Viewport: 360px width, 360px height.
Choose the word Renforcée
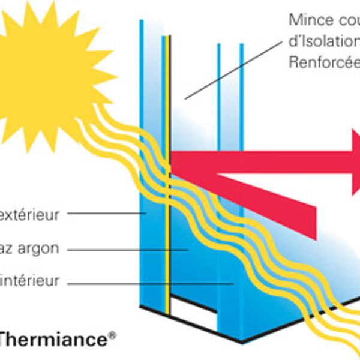[324, 62]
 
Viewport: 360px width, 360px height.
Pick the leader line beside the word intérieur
[150, 281]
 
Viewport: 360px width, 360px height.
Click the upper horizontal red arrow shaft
[252, 161]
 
